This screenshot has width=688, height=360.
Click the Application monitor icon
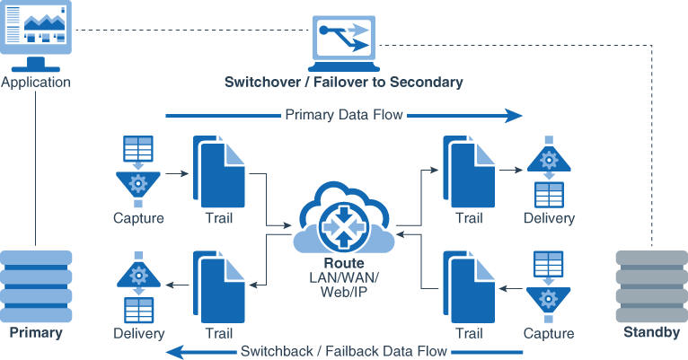[36, 34]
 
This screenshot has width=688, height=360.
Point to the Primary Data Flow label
[344, 115]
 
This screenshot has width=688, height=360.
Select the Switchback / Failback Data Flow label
[344, 351]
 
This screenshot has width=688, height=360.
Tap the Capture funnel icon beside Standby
[548, 287]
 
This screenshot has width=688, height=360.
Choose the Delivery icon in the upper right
[548, 171]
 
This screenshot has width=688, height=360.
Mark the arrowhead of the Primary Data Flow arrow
[514, 115]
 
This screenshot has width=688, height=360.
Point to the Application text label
[36, 83]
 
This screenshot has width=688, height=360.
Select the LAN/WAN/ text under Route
[344, 278]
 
